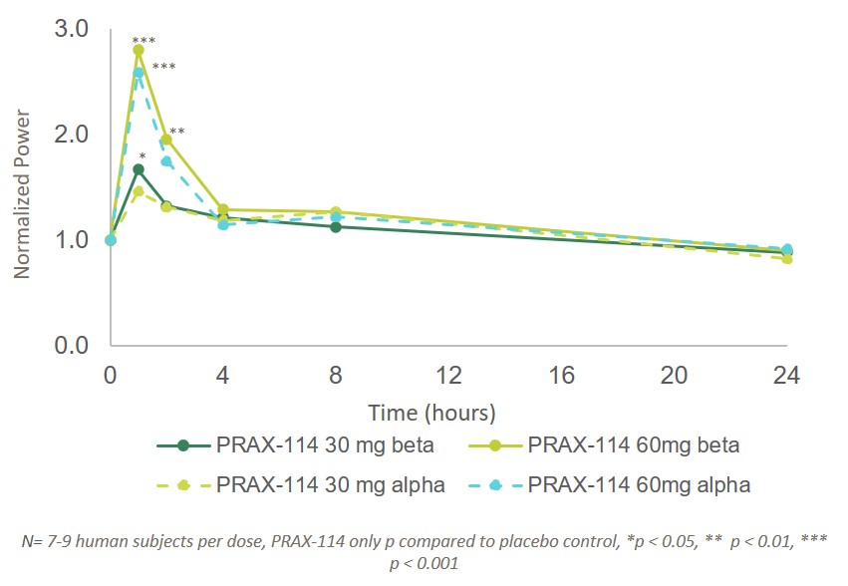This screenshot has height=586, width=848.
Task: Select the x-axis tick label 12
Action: coord(449,376)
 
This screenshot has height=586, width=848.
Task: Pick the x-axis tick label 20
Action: coord(675,376)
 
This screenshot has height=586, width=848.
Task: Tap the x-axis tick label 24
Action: coord(787,376)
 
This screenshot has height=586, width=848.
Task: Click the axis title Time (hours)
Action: coord(432,412)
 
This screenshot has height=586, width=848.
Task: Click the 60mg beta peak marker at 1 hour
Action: coord(139,50)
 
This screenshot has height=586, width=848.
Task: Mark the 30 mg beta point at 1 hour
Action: coord(139,169)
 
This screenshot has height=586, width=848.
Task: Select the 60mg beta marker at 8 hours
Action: coord(336,212)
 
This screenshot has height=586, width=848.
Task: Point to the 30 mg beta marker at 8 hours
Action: coord(336,227)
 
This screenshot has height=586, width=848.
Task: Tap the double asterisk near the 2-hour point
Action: coord(176,132)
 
